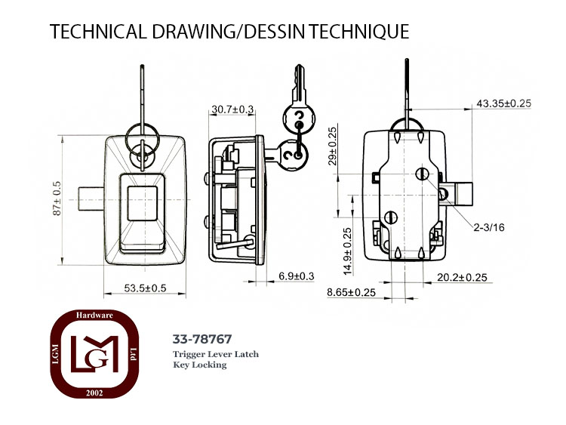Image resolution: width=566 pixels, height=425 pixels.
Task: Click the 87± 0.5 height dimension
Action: pyautogui.click(x=57, y=199)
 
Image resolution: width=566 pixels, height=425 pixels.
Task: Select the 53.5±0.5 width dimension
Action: pyautogui.click(x=145, y=288)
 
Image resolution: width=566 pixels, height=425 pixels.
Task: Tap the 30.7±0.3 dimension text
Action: pyautogui.click(x=233, y=109)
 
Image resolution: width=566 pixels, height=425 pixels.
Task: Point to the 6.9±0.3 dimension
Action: pyautogui.click(x=297, y=276)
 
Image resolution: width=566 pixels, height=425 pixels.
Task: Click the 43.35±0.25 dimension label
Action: pyautogui.click(x=504, y=103)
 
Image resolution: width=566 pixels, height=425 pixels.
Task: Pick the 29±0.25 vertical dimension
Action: pyautogui.click(x=333, y=146)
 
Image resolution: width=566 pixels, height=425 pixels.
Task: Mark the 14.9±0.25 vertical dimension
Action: pyautogui.click(x=347, y=251)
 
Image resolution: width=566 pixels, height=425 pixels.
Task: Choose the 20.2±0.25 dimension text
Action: pyautogui.click(x=462, y=277)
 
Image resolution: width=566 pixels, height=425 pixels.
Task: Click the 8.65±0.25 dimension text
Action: pyautogui.click(x=351, y=292)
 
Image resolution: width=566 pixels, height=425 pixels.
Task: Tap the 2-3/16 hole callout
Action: pyautogui.click(x=489, y=227)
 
